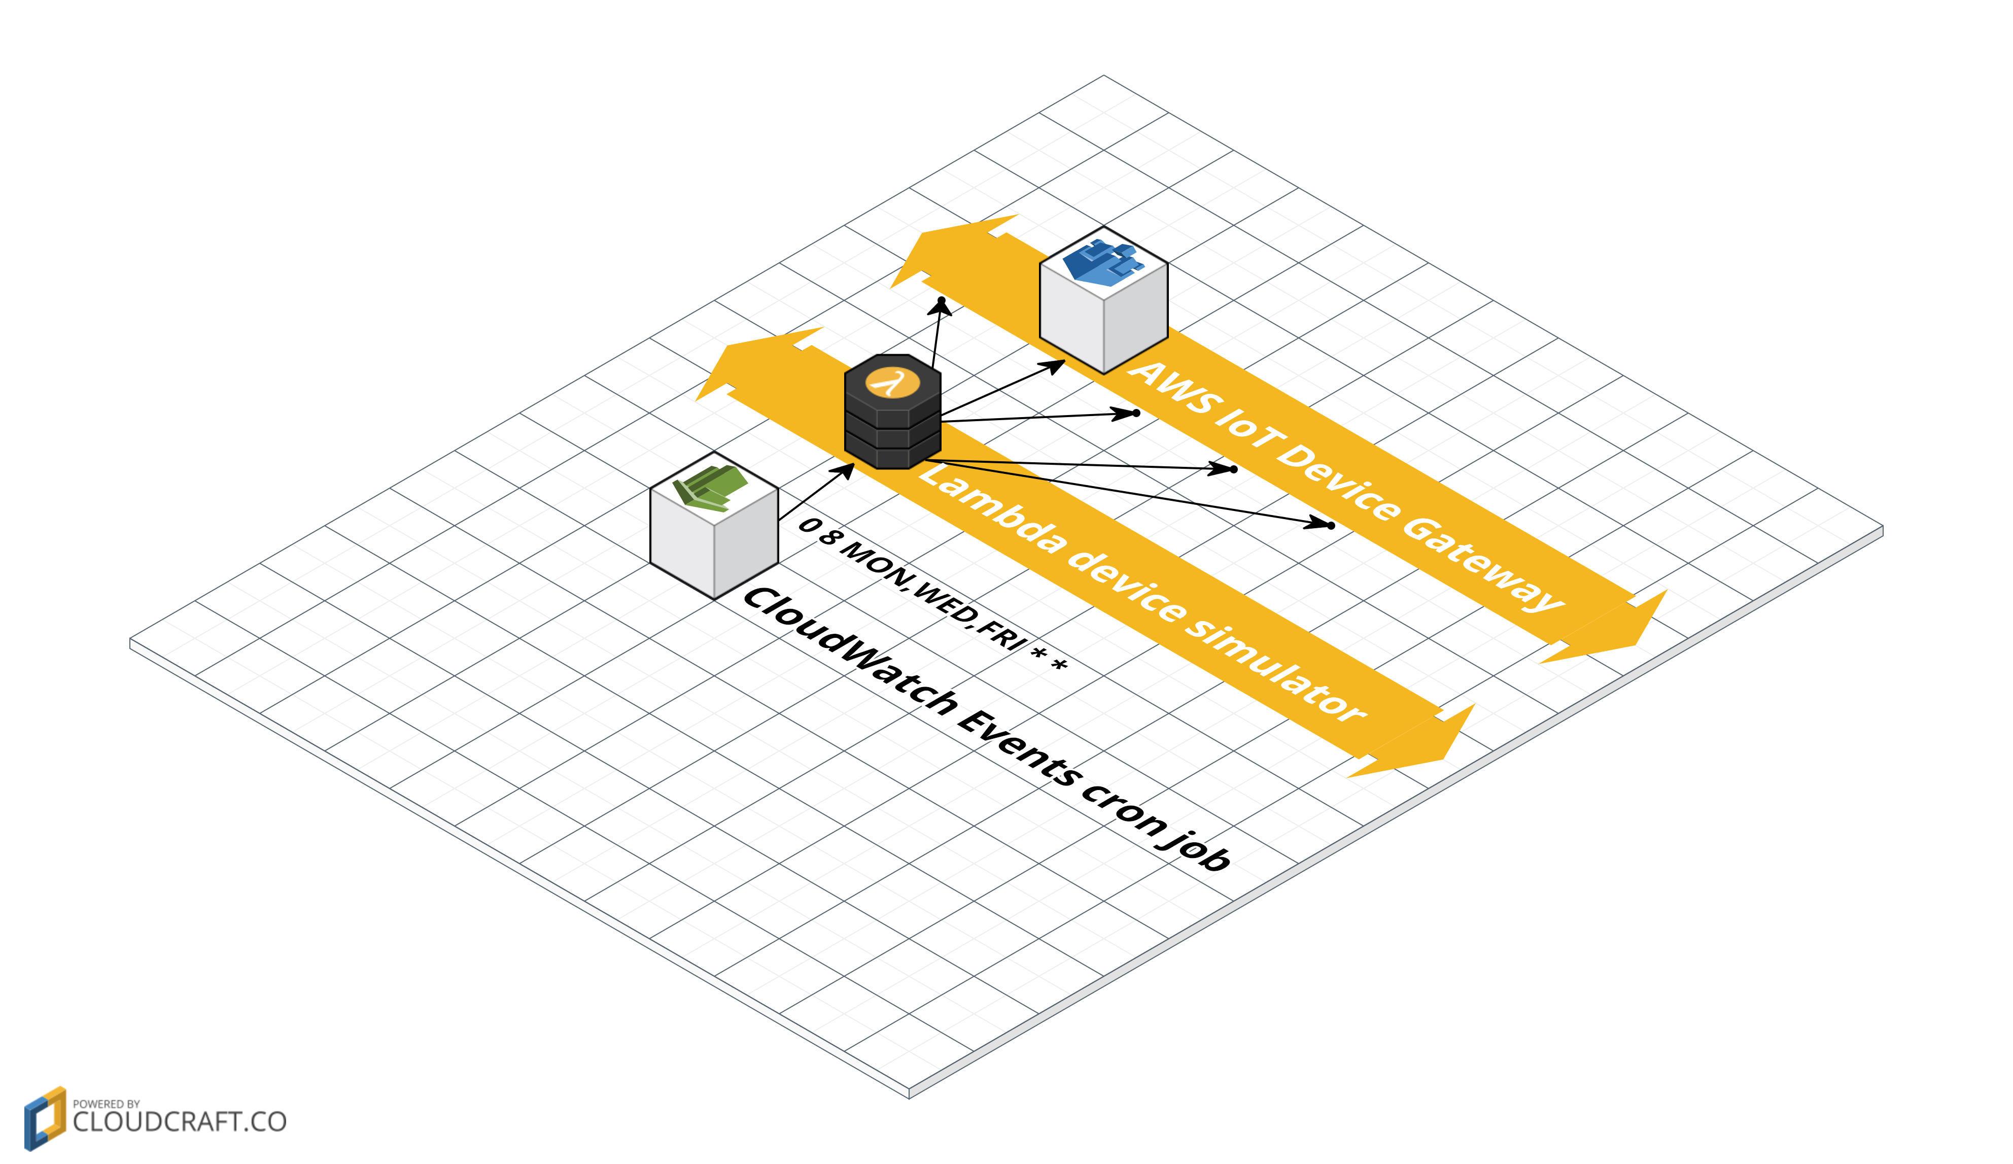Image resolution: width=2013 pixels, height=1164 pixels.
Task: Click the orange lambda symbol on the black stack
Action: click(x=892, y=382)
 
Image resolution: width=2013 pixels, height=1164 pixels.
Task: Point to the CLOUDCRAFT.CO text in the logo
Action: click(x=179, y=1122)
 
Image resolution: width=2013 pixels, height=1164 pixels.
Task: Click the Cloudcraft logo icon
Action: click(x=45, y=1118)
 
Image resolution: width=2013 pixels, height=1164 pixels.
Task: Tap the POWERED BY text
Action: click(x=106, y=1103)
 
